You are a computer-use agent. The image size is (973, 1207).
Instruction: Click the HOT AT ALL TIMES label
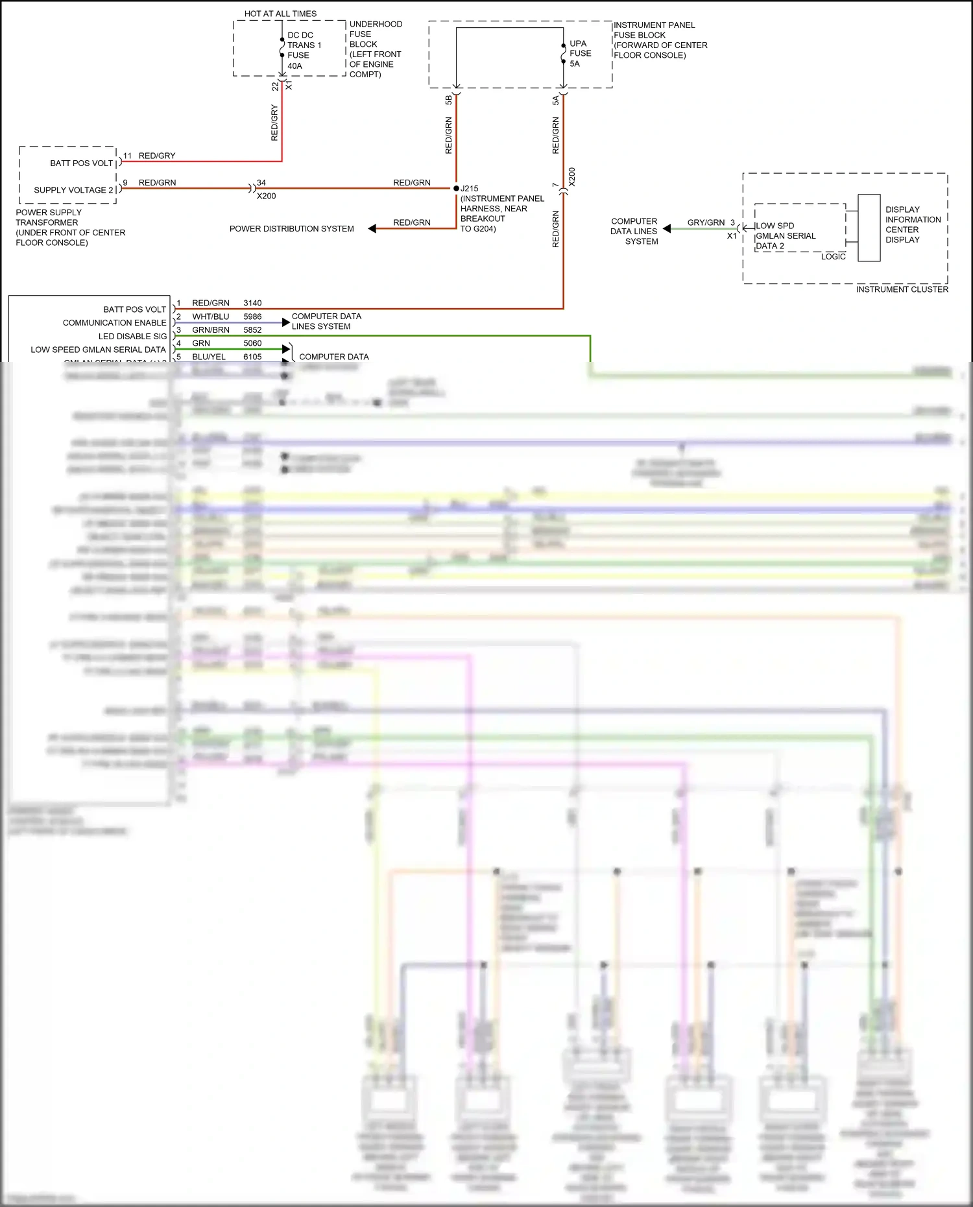280,14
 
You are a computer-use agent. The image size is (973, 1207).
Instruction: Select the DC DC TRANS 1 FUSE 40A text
304,51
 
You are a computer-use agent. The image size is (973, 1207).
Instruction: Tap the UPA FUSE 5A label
579,54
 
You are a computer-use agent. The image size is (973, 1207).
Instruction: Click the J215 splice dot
456,188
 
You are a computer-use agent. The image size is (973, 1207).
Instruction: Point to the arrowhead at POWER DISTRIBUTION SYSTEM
372,228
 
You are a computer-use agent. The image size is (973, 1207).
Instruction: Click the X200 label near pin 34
266,196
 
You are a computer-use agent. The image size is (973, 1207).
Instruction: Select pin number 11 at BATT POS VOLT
127,156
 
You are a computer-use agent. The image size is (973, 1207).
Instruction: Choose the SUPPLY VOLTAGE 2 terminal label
73,190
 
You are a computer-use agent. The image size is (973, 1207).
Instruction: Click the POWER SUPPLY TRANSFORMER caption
70,227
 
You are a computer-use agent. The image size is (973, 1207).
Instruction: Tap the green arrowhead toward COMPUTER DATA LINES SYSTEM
667,228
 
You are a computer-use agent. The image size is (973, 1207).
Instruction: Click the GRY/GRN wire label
706,222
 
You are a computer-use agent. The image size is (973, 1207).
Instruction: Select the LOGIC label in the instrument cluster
833,257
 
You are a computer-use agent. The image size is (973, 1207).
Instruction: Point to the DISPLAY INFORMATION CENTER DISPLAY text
913,224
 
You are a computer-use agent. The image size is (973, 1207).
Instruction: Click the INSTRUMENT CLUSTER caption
902,289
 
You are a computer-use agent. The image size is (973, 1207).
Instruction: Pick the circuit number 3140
252,303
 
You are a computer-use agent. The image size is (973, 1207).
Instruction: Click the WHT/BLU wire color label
210,317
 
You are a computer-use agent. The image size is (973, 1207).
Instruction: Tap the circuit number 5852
252,330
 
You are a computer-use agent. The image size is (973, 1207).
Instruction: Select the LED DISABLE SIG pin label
132,336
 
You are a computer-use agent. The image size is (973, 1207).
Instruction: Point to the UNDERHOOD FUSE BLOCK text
375,49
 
